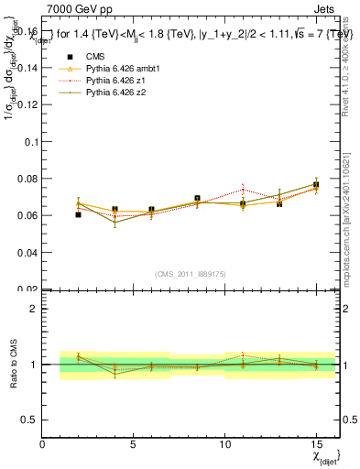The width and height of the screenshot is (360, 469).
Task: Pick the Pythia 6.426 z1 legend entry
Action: click(114, 82)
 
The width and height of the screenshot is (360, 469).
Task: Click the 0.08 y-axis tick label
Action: click(27, 179)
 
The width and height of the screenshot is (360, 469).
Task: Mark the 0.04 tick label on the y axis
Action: click(27, 252)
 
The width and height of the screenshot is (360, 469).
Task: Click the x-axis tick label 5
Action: click(134, 444)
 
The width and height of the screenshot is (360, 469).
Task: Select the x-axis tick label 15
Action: click(315, 444)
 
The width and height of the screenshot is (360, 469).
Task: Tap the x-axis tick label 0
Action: click(43, 444)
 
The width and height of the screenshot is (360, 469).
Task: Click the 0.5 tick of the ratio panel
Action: click(30, 420)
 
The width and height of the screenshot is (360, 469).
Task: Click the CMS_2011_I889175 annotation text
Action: click(190, 274)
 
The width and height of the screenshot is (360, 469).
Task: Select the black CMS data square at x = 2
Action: click(79, 214)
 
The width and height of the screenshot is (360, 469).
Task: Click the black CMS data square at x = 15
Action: click(316, 185)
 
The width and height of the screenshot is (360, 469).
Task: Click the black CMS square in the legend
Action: click(66, 58)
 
